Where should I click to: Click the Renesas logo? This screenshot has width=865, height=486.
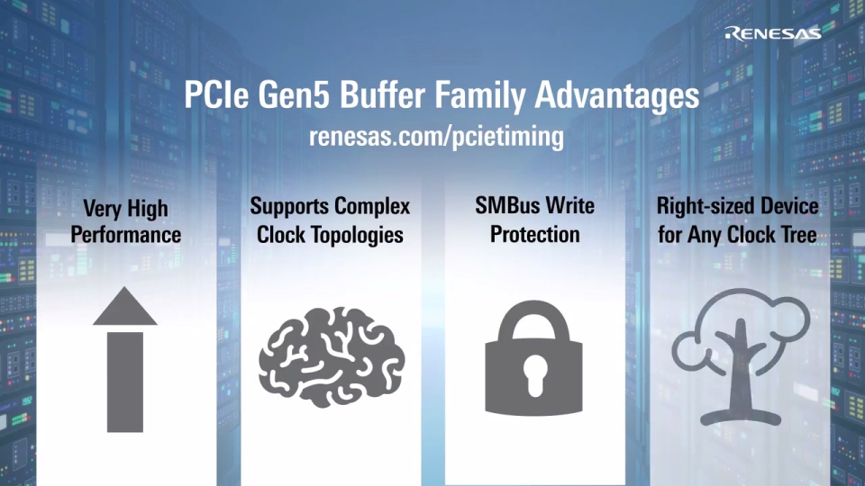tap(772, 33)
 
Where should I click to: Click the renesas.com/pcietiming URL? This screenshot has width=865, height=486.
tap(436, 137)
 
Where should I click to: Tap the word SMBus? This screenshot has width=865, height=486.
tap(507, 207)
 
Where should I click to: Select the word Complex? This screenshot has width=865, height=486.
tap(372, 207)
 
